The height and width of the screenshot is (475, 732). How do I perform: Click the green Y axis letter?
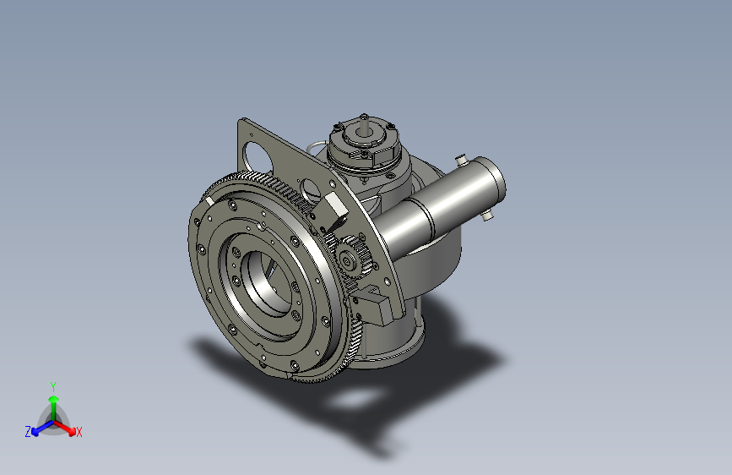click(x=53, y=387)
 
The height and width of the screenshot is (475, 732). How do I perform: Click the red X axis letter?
click(x=79, y=433)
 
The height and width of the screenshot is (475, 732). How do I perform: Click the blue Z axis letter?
click(x=28, y=432)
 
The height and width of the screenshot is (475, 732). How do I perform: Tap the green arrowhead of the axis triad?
click(x=54, y=399)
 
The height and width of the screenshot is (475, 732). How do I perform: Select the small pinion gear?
click(x=353, y=258)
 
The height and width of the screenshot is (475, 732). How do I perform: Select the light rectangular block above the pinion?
click(x=336, y=209)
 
